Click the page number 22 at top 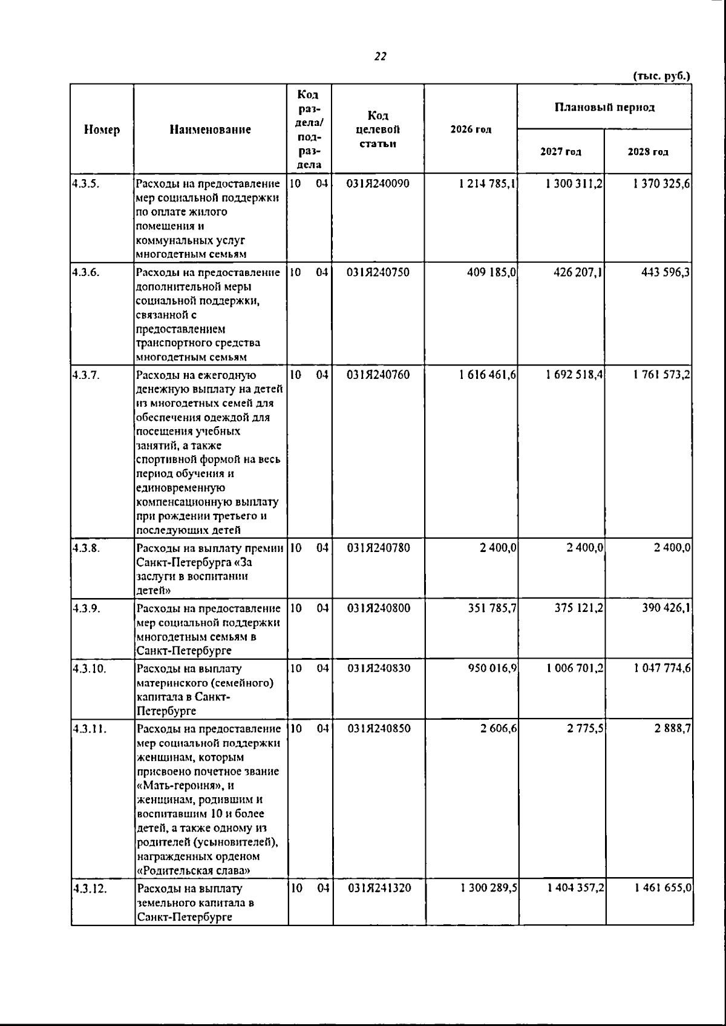pos(381,57)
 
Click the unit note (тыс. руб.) pos(661,76)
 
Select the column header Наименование pos(210,130)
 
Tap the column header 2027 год pos(561,153)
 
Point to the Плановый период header pos(604,108)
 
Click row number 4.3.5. pos(85,183)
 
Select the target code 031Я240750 pos(378,272)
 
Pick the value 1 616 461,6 pos(488,375)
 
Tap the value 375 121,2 pos(578,608)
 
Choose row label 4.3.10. pos(89,669)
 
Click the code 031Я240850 pos(379,729)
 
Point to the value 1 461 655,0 pos(663,889)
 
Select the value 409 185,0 pos(491,272)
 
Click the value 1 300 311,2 pos(574,183)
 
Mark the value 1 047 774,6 pos(663,668)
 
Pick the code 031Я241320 pos(379,889)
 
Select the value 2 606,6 pos(499,729)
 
